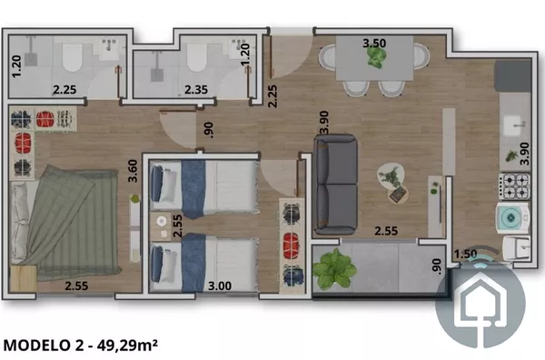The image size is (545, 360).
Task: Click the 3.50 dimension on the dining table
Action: click(x=374, y=43)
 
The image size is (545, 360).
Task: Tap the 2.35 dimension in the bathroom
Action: click(x=196, y=89)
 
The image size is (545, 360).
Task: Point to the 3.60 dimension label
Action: click(x=133, y=171)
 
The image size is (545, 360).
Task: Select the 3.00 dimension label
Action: click(x=220, y=286)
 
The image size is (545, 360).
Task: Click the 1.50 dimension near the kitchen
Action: click(x=465, y=254)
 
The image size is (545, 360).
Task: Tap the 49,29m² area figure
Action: click(x=127, y=345)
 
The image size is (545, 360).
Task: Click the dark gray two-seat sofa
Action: click(x=336, y=184)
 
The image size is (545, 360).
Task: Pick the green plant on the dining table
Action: click(x=375, y=57)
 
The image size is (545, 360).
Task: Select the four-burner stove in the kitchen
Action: click(x=514, y=186)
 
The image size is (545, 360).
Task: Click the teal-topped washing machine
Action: click(x=512, y=218)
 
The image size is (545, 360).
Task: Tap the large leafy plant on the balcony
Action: click(x=334, y=269)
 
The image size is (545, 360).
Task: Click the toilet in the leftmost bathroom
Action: click(x=73, y=58)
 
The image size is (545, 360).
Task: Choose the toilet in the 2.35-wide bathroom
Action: click(x=197, y=58)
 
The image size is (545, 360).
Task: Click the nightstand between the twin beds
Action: click(x=161, y=226)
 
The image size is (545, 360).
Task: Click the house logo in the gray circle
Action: click(x=481, y=302)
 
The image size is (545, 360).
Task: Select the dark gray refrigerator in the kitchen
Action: click(x=512, y=76)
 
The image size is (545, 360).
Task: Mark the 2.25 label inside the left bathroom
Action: click(x=64, y=89)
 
